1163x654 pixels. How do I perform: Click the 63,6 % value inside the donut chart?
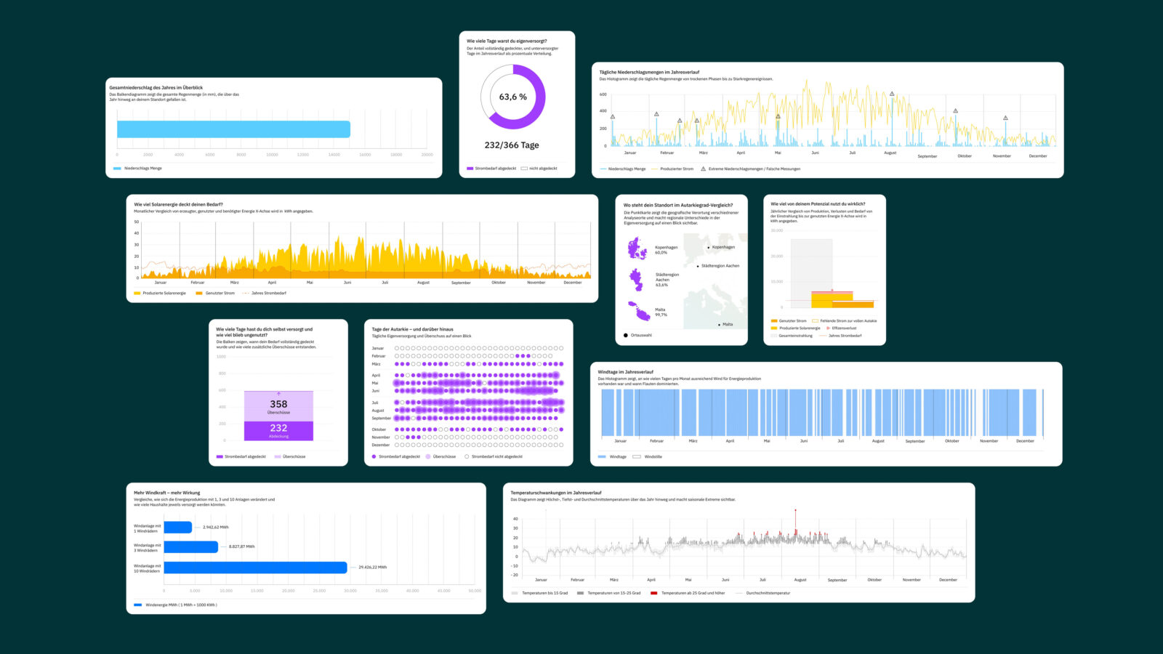pos(512,97)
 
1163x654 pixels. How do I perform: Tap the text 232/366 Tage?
pos(512,145)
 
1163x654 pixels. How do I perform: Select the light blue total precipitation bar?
pos(233,129)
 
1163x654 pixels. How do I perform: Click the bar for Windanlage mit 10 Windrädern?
pos(255,568)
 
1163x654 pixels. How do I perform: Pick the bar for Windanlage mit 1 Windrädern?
pos(178,528)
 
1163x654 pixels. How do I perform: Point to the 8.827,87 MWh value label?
pos(241,546)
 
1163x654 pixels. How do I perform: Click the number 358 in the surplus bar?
pos(278,404)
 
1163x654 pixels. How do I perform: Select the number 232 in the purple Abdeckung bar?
pos(278,428)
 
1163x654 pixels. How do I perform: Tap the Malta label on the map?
pos(727,324)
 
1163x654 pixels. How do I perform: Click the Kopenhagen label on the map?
pos(723,247)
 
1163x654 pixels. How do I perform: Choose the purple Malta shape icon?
pos(640,312)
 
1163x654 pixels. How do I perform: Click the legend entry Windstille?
pos(653,457)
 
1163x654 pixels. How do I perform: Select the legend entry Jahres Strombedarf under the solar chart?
pos(268,294)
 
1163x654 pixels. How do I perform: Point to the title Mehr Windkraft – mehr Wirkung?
pos(166,493)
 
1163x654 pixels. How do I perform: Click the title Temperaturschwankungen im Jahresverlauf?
pos(556,493)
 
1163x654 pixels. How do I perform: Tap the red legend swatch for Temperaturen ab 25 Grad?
pos(653,593)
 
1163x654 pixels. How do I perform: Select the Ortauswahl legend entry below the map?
pos(640,336)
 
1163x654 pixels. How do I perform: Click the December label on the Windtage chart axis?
pos(1025,441)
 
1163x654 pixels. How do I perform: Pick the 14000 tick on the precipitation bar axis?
pos(334,155)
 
